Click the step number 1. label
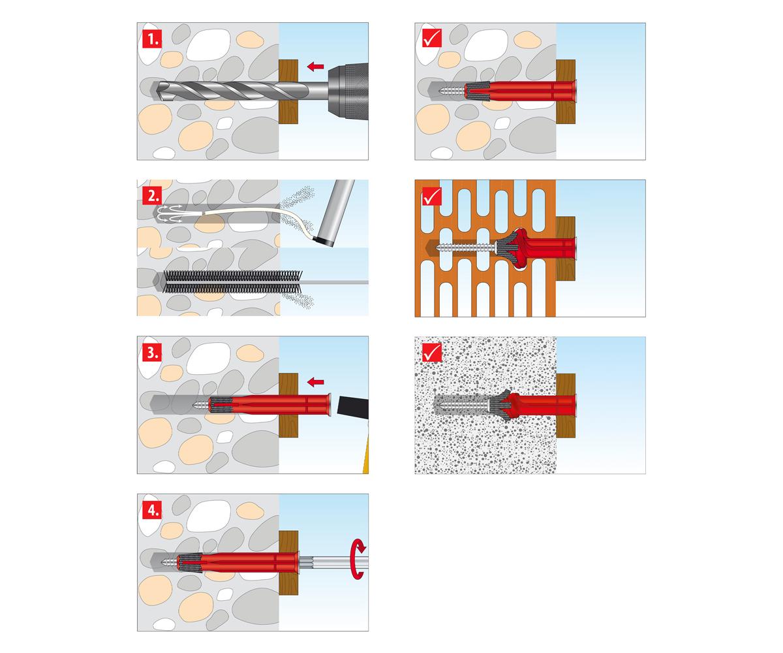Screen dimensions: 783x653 click(152, 39)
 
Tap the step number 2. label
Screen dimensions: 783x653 click(152, 195)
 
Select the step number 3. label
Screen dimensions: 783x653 click(152, 353)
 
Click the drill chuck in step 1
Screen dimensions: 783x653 click(348, 91)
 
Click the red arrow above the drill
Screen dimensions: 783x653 click(315, 67)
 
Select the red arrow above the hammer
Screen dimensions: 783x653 click(315, 382)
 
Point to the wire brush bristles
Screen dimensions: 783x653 click(232, 282)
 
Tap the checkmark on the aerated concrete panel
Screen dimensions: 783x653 click(431, 353)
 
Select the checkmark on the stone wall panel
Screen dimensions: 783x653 click(431, 38)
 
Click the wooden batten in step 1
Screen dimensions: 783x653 click(288, 91)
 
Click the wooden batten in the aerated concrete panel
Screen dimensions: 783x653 click(566, 406)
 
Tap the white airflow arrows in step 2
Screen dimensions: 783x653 click(170, 214)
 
